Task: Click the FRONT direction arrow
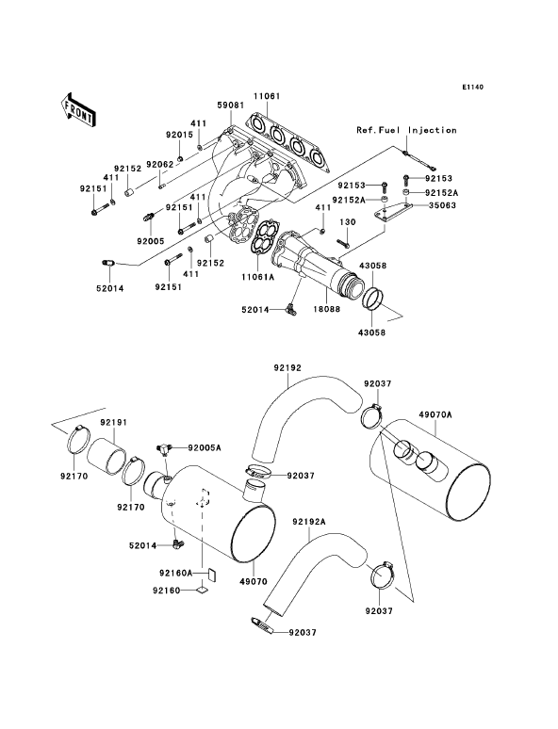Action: coord(77,109)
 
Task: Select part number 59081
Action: coord(230,105)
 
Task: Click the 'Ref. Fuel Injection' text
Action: coord(406,130)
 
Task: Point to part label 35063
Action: coord(443,205)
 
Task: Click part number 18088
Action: coord(327,309)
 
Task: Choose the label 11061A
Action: coord(258,277)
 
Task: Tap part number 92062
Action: coord(159,164)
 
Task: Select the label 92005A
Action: coord(205,447)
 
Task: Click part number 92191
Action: coord(114,423)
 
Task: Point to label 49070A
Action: coord(435,414)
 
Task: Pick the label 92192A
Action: coord(309,522)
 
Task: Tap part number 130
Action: coord(347,222)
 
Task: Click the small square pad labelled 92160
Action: coord(201,590)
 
